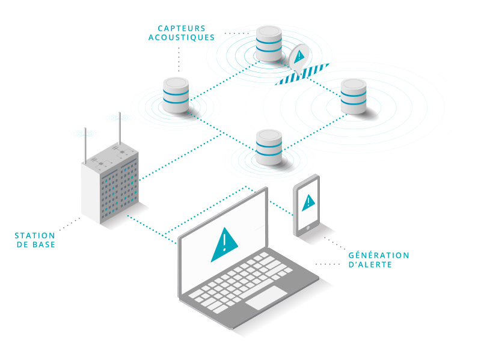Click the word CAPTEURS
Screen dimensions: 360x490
[181, 28]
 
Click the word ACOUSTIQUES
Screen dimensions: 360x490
[181, 37]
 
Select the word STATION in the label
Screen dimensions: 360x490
[35, 235]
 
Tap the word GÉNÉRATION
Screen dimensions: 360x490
[379, 255]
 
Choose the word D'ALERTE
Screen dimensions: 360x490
[370, 264]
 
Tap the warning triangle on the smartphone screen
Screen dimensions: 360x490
[308, 202]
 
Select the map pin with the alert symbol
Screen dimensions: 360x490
[299, 58]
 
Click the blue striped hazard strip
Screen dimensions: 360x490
[302, 74]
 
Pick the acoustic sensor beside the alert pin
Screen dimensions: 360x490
[268, 43]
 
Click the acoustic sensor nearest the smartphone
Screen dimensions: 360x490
[269, 147]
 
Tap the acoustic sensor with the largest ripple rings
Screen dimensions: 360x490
[353, 96]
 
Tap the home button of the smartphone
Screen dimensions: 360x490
[308, 228]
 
